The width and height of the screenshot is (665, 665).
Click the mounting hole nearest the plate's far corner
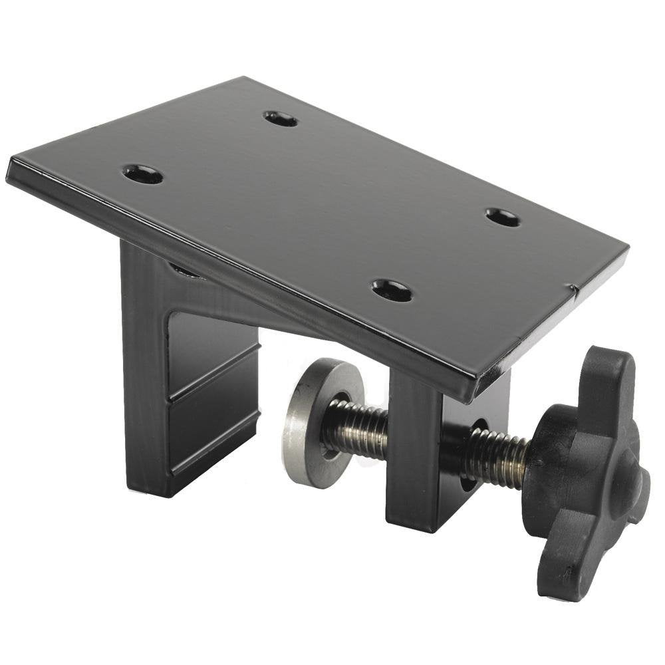[280, 119]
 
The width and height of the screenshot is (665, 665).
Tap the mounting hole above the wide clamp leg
[143, 175]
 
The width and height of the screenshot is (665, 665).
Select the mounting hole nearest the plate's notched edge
[503, 217]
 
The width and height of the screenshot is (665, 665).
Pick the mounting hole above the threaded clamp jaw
[392, 290]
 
